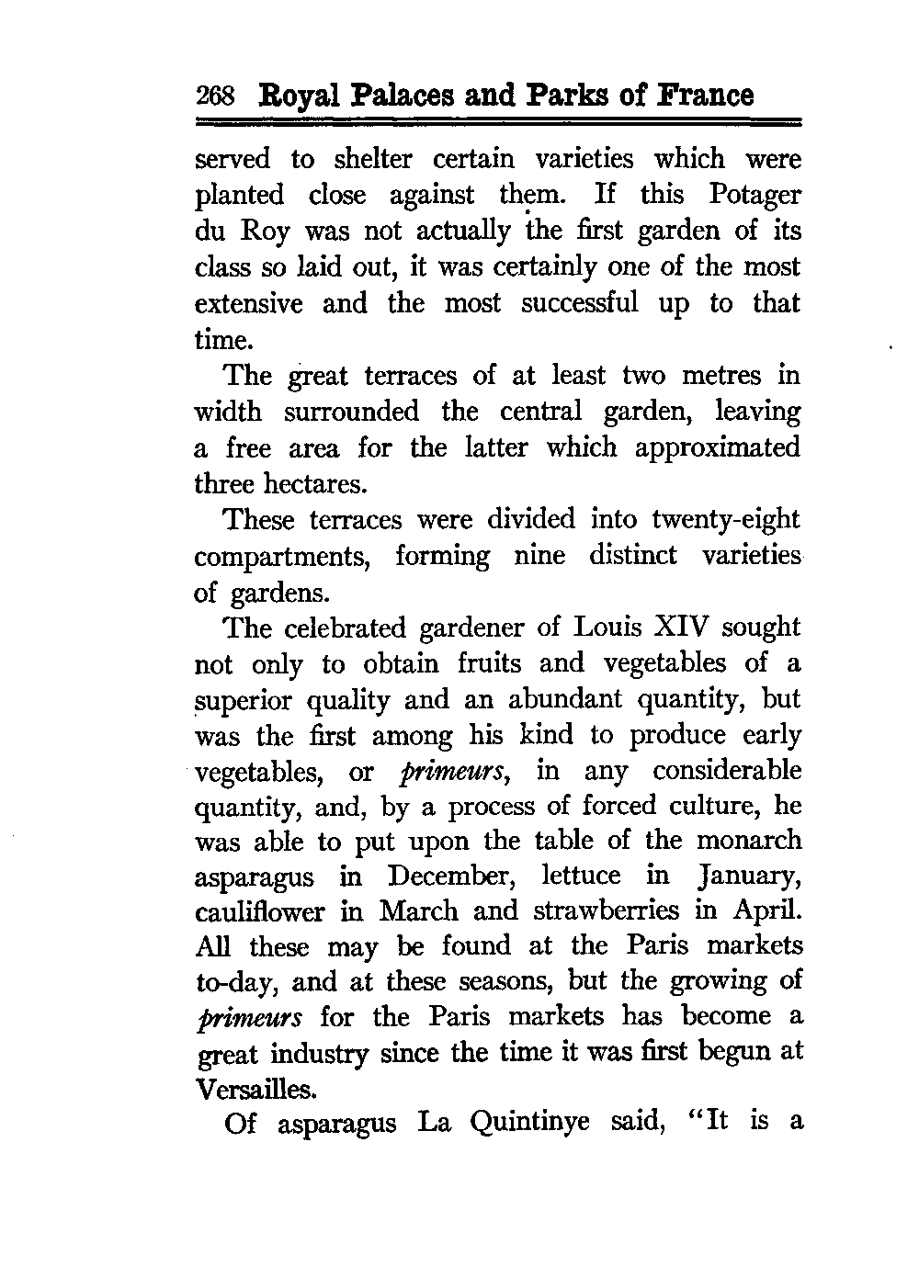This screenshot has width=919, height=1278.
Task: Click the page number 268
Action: pos(217,96)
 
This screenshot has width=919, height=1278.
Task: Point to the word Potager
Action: pos(754,196)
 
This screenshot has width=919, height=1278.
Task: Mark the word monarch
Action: pos(749,840)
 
